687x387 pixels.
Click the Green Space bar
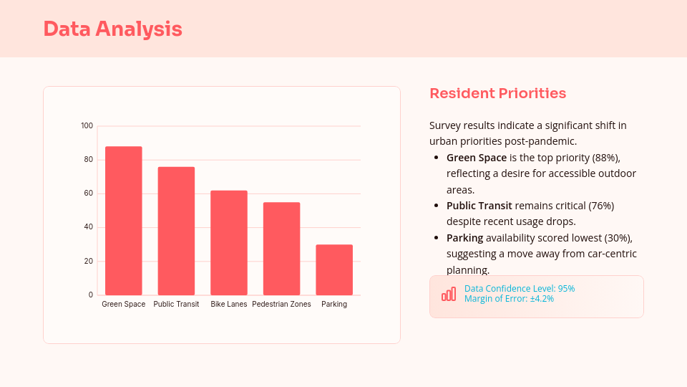coord(123,221)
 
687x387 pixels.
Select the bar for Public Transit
coord(176,231)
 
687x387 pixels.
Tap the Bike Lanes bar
coord(229,243)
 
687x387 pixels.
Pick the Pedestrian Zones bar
coord(281,249)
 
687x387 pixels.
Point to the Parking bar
coord(334,269)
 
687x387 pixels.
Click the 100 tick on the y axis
coord(87,126)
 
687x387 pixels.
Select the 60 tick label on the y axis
coord(89,193)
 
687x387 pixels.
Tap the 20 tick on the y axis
coord(89,261)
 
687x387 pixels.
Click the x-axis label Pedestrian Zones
coord(281,305)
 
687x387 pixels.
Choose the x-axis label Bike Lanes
coord(229,305)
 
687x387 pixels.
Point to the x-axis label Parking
coord(334,305)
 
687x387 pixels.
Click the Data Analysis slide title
coord(112,29)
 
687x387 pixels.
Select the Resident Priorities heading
coord(497,93)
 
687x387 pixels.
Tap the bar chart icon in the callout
coord(449,294)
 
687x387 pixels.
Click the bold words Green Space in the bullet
coord(476,157)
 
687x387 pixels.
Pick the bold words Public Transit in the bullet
coord(479,206)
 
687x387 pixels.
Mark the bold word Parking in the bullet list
coord(464,238)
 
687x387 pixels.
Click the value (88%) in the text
coord(605,157)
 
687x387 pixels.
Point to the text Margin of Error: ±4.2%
coord(509,299)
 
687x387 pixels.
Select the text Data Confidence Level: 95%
coord(520,289)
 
